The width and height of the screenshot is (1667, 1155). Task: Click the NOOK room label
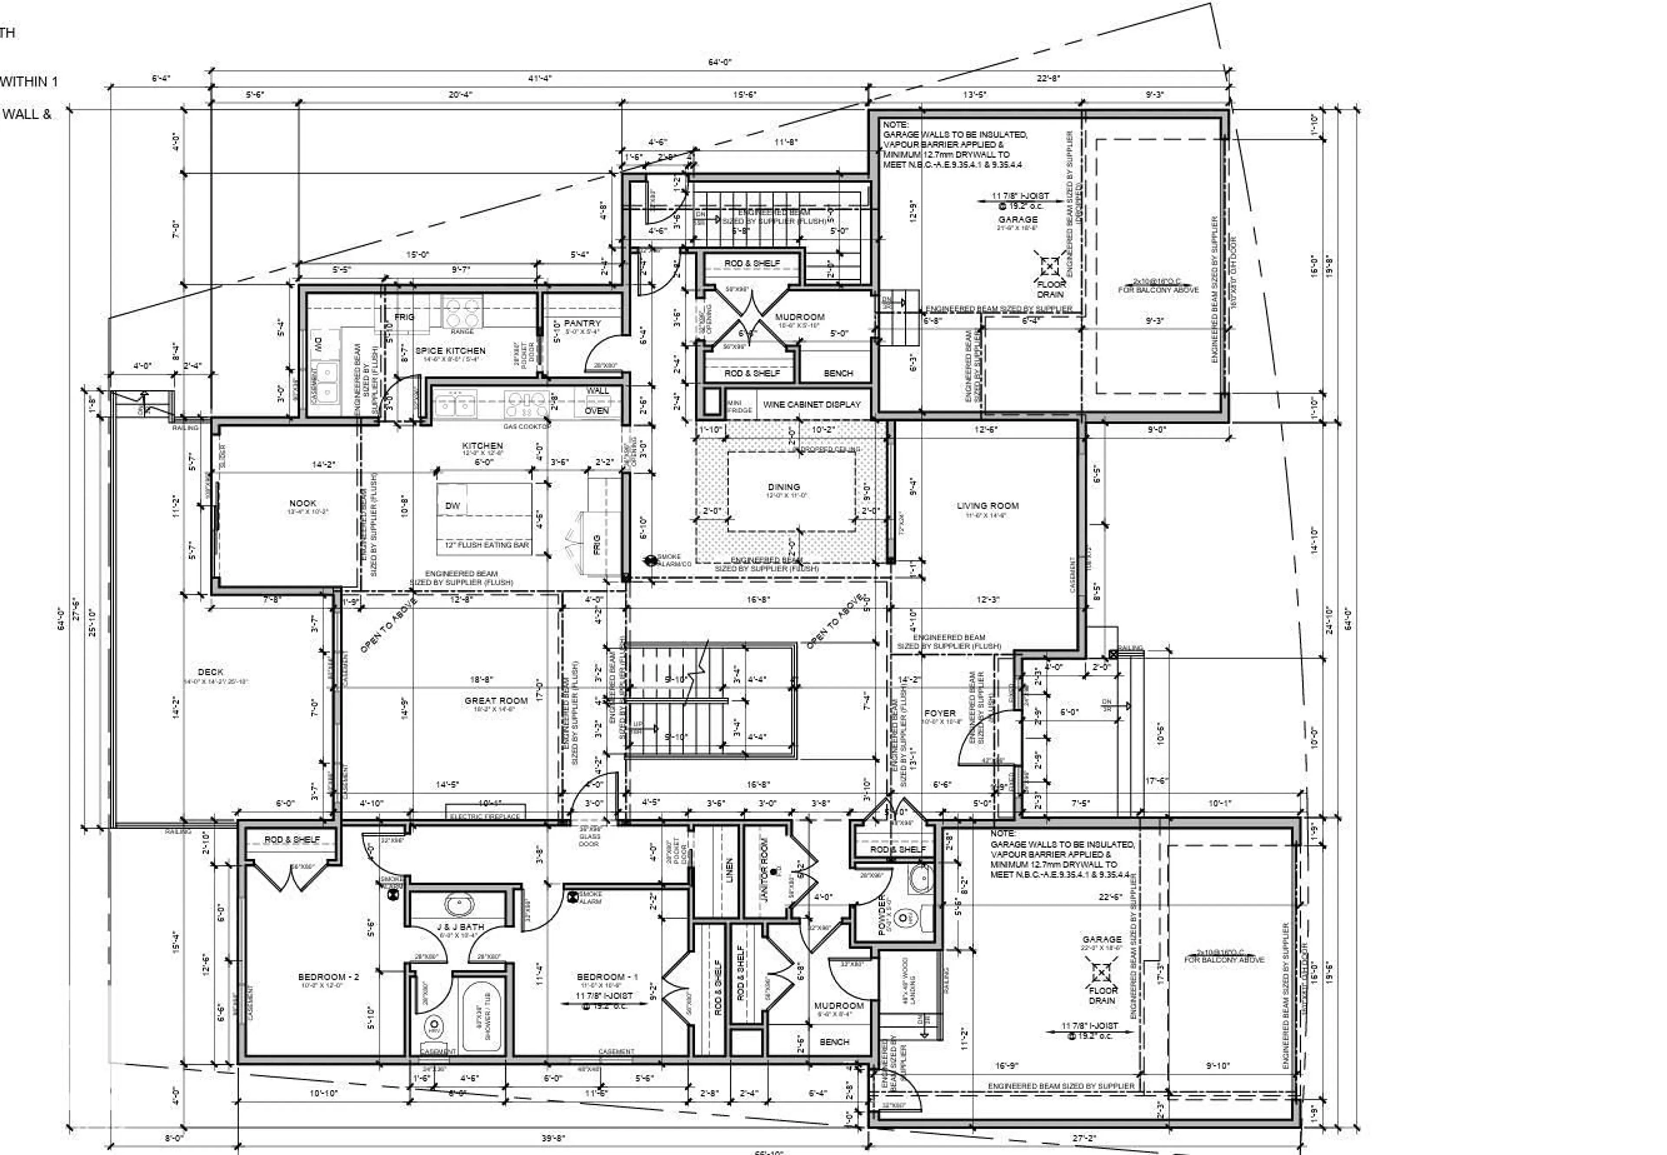pyautogui.click(x=303, y=503)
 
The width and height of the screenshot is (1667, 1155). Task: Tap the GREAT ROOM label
pyautogui.click(x=496, y=700)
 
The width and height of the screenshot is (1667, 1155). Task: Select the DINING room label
pyautogui.click(x=784, y=487)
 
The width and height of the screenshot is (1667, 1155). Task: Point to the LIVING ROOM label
pyautogui.click(x=988, y=506)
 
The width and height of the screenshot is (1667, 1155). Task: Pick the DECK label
pyautogui.click(x=211, y=672)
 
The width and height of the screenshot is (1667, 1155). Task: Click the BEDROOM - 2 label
pyautogui.click(x=329, y=977)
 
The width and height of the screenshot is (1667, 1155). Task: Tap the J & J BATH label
pyautogui.click(x=460, y=927)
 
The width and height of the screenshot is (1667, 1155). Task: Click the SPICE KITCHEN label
pyautogui.click(x=450, y=350)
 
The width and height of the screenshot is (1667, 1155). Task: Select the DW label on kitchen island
pyautogui.click(x=453, y=506)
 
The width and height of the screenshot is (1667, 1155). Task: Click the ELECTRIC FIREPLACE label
pyautogui.click(x=485, y=816)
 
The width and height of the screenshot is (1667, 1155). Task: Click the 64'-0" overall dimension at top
pyautogui.click(x=719, y=62)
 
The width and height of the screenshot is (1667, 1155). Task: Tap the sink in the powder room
pyautogui.click(x=922, y=879)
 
